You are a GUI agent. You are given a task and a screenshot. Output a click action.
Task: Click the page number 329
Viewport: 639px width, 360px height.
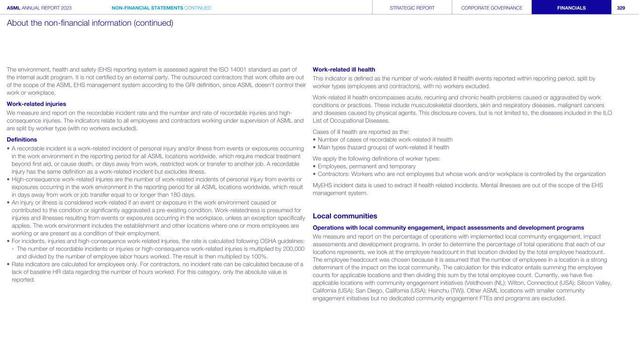pyautogui.click(x=624, y=7)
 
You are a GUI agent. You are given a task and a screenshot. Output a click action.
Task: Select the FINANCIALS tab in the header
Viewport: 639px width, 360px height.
pyautogui.click(x=571, y=7)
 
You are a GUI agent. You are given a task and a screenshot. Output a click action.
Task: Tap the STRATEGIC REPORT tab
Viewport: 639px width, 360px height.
pyautogui.click(x=412, y=7)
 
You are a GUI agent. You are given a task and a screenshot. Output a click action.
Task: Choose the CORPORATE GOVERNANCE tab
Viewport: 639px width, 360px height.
pyautogui.click(x=492, y=7)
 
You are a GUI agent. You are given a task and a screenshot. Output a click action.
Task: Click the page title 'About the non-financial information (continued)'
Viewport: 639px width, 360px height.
pyautogui.click(x=90, y=23)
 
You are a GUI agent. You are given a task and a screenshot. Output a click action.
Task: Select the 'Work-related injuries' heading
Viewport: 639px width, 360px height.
pyautogui.click(x=36, y=103)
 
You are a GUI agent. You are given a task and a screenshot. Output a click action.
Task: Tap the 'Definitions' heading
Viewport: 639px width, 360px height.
pyautogui.click(x=22, y=139)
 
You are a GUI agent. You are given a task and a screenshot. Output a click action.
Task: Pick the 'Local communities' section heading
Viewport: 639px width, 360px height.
pyautogui.click(x=345, y=216)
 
